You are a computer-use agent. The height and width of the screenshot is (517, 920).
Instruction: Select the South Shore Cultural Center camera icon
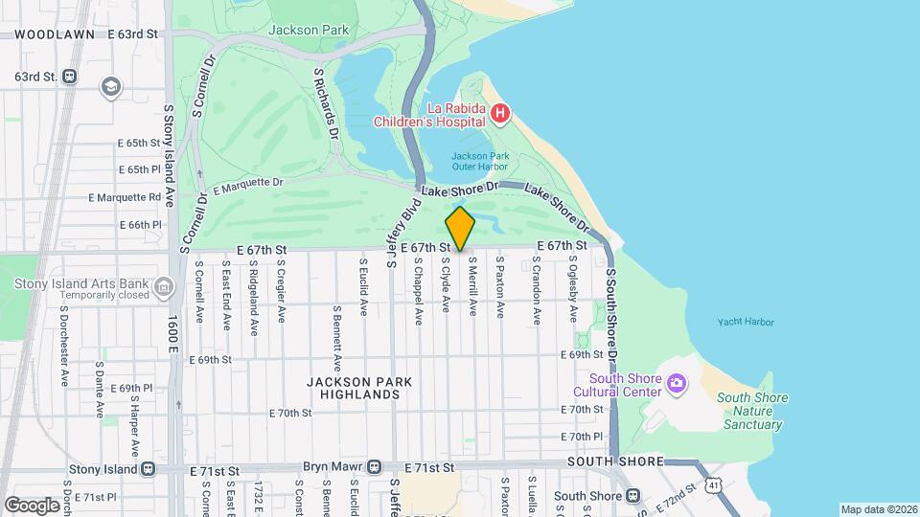point(677,384)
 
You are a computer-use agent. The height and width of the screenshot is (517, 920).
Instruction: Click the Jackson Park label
point(308,30)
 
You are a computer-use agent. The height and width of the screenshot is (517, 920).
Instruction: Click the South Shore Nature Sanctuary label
point(751,412)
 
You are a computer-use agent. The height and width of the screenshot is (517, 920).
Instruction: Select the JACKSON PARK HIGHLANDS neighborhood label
point(359,388)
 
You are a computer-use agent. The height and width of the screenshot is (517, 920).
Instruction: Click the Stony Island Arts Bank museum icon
point(164,287)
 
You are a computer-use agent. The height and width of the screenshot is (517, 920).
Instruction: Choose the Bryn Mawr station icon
point(370,467)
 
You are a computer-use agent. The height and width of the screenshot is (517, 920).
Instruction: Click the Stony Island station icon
point(149,470)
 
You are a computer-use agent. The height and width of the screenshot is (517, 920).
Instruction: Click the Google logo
point(32,505)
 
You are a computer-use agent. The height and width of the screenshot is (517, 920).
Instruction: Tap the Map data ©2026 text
point(878,509)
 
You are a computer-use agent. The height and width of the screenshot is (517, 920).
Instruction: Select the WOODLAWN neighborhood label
point(55,34)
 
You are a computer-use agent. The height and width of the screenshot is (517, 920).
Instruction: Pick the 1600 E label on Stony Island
point(172,338)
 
